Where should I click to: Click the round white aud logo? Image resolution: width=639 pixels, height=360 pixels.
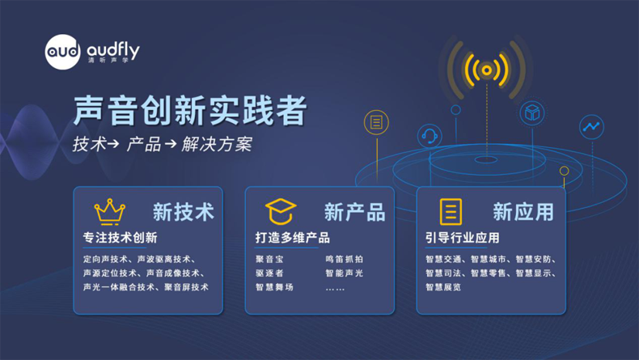tap(62, 52)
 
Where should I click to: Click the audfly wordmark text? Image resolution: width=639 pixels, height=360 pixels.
tap(113, 50)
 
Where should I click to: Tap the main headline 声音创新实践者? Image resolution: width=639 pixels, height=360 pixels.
tap(190, 110)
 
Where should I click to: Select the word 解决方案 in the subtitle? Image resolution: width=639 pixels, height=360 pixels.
tap(217, 144)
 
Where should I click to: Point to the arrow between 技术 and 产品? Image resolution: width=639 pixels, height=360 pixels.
tap(113, 143)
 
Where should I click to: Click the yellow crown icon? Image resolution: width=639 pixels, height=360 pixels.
tap(110, 212)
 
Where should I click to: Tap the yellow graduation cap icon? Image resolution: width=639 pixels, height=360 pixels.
tap(281, 212)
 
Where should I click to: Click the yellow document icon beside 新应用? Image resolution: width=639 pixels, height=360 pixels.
tap(451, 212)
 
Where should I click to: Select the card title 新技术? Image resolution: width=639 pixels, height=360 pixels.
tap(184, 212)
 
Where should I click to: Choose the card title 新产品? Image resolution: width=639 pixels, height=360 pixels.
tap(354, 212)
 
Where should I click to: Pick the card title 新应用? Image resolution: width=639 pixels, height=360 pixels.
tap(523, 212)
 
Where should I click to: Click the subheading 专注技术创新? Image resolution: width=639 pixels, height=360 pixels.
tap(121, 238)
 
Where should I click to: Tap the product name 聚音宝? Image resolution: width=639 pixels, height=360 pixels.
tap(269, 260)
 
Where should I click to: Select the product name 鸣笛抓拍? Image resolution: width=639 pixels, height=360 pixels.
tap(345, 260)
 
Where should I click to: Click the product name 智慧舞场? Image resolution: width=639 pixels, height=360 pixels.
tap(274, 287)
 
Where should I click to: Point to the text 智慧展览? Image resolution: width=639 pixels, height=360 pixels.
tap(443, 287)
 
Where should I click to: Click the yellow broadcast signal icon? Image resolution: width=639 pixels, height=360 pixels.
tap(486, 70)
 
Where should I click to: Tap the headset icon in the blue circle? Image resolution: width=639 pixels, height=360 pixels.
tap(430, 136)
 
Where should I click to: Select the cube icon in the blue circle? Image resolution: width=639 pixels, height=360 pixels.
tap(532, 112)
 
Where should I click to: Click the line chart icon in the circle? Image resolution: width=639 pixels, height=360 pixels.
tap(591, 127)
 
